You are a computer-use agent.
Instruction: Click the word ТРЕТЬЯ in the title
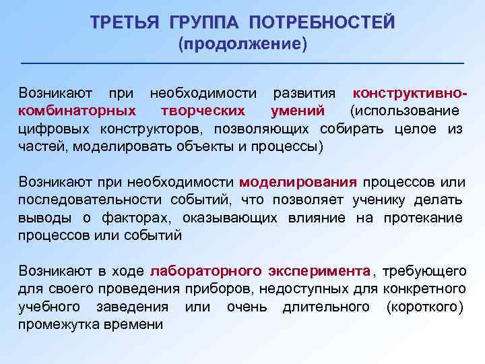click(125, 22)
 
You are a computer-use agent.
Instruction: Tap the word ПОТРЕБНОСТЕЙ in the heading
click(321, 22)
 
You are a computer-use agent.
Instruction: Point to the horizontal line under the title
click(243, 63)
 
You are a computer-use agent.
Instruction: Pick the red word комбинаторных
click(77, 110)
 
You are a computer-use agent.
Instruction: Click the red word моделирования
click(298, 181)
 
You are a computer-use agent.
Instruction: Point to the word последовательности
click(90, 200)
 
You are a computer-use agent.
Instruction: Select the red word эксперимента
click(319, 271)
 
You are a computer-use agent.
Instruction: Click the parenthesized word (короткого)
click(424, 307)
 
